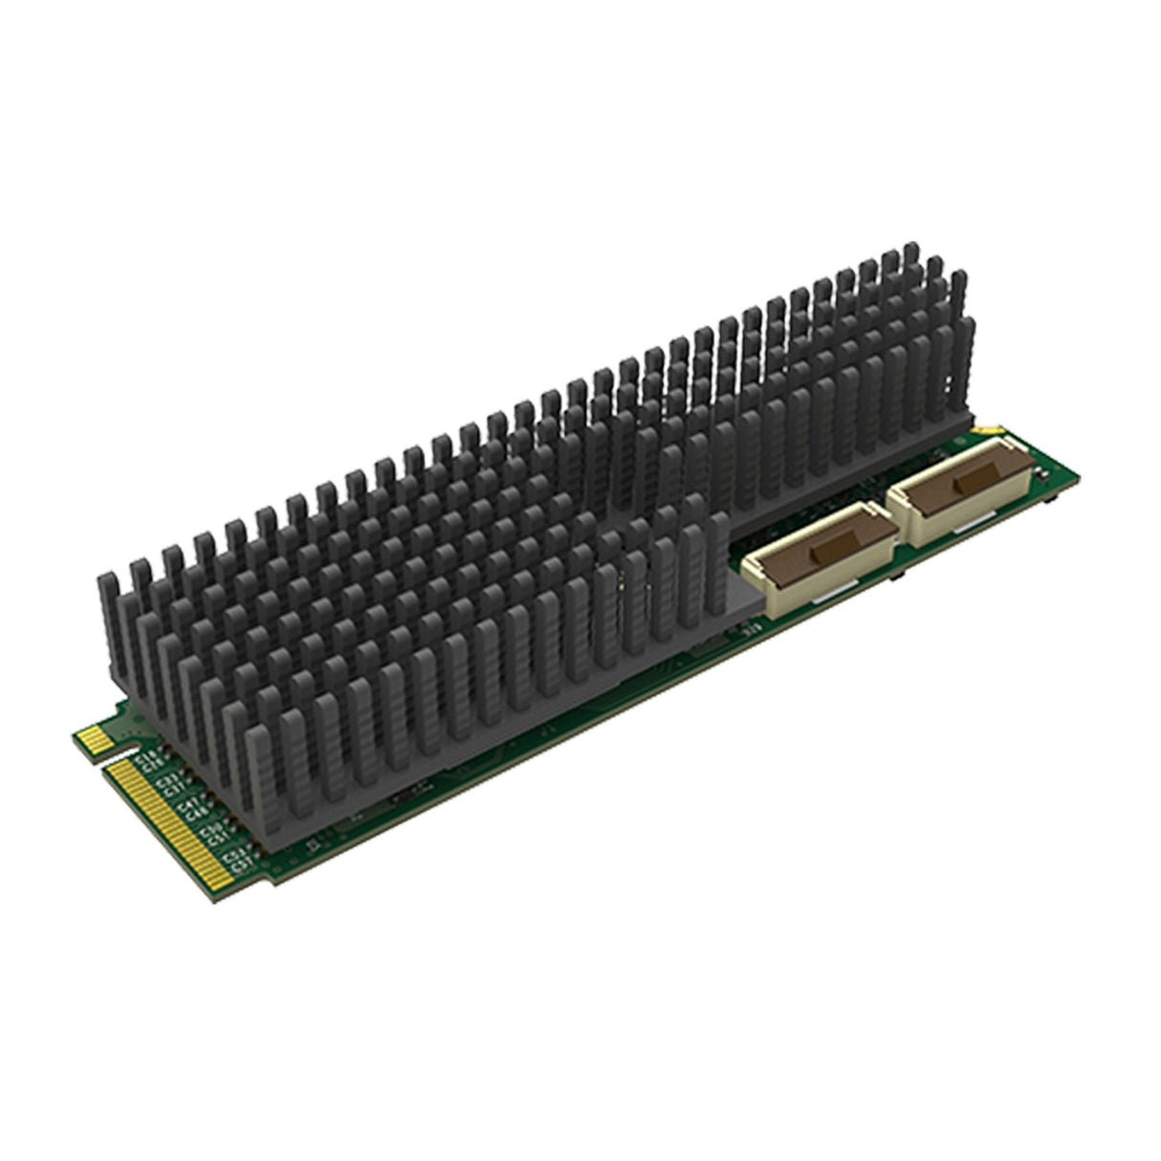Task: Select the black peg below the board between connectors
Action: (902, 578)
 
